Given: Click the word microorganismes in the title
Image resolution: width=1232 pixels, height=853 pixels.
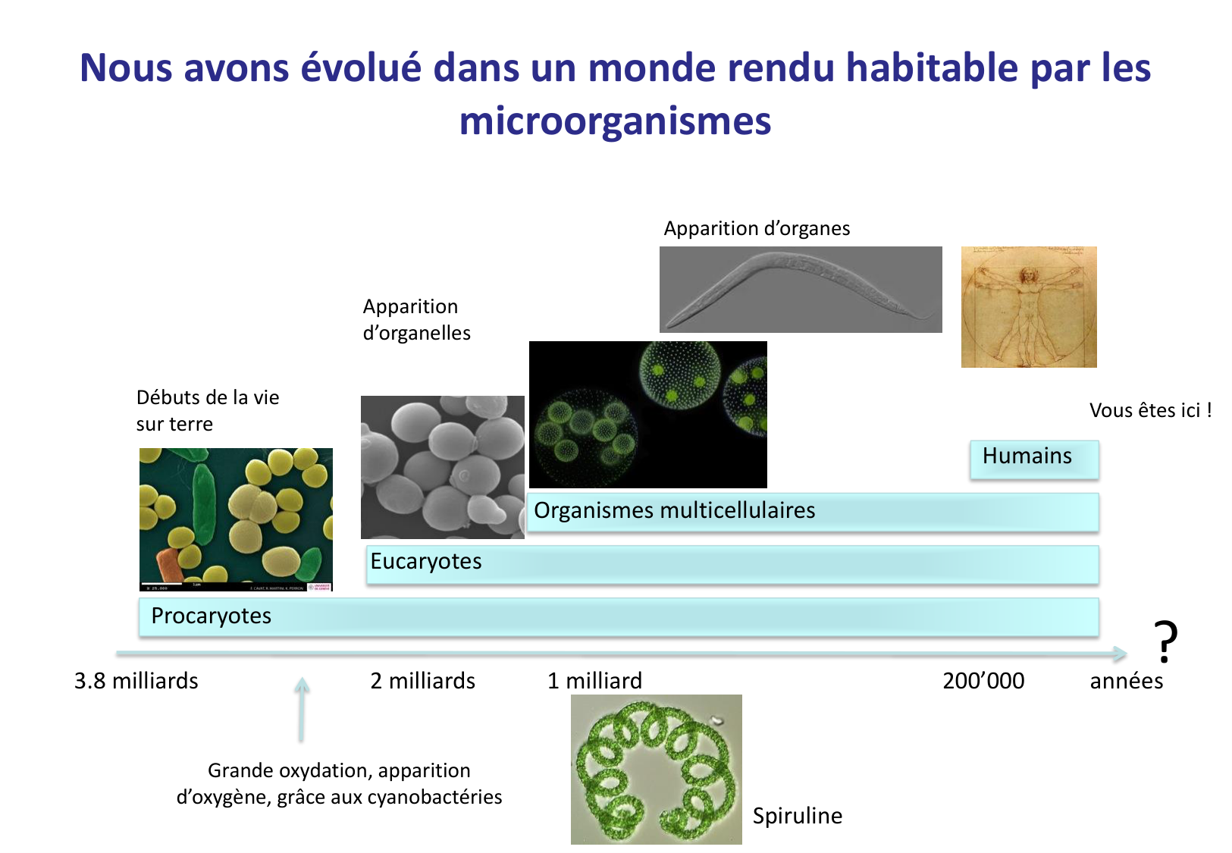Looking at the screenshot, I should [615, 121].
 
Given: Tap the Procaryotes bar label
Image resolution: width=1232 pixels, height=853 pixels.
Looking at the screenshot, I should [211, 616].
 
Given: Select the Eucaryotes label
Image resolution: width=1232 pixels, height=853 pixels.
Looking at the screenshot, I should [425, 561].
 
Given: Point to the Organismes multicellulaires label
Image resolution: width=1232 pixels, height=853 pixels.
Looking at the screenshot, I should [674, 510].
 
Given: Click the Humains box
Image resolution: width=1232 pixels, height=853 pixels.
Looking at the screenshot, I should [1033, 458].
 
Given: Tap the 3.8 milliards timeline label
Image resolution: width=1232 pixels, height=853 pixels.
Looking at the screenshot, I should [136, 681].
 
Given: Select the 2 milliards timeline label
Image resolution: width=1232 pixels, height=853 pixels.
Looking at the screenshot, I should [422, 681].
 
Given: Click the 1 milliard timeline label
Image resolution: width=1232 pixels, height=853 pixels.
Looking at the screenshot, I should [594, 681].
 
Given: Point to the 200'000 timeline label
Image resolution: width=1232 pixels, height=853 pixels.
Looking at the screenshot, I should [983, 681].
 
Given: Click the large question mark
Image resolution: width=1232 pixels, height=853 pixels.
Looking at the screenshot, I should [1165, 641].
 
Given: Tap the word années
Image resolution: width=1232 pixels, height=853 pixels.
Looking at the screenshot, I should [1126, 681].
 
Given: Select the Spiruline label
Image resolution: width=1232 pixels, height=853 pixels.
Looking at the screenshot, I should [797, 816].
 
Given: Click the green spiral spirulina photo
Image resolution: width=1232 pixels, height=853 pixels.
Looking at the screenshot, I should [656, 769].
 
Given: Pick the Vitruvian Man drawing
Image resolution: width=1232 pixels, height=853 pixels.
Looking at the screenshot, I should [1029, 307].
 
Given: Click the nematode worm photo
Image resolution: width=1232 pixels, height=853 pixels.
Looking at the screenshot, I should [801, 290].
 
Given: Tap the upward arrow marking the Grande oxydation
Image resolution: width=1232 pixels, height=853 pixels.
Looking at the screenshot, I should [302, 709].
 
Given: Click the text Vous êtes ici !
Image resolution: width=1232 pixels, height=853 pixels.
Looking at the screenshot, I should [1150, 410].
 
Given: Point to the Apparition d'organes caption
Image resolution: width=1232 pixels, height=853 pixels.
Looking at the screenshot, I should [757, 228].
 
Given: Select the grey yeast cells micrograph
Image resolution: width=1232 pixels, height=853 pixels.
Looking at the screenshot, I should [442, 467].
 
